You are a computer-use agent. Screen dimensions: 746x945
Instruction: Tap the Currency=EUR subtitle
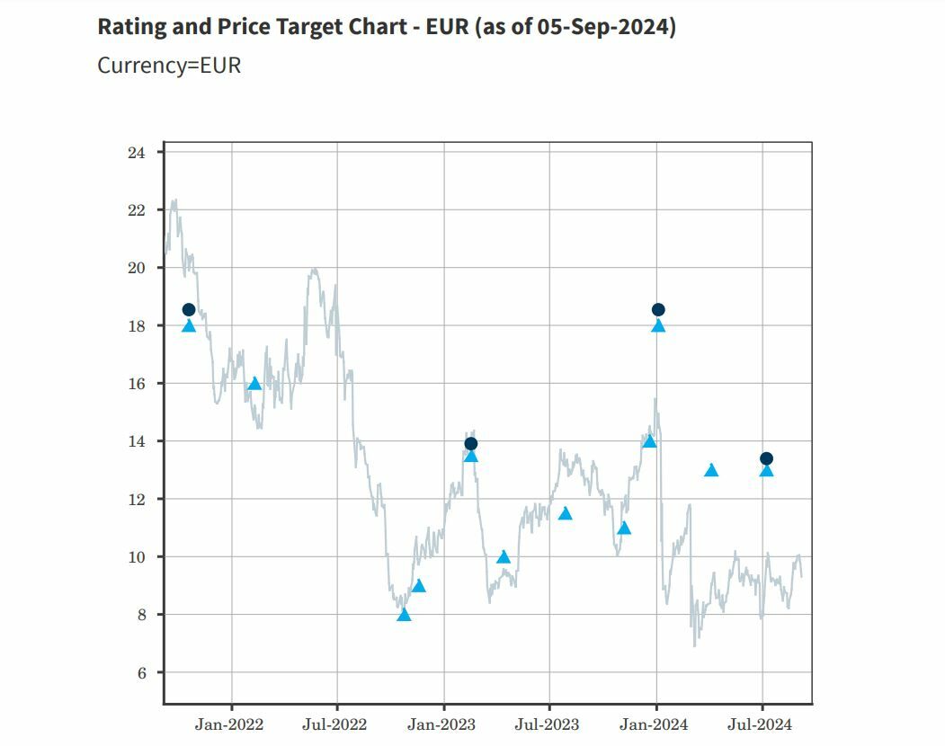[x=169, y=66]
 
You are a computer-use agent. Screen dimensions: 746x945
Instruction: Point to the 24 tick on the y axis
[x=137, y=153]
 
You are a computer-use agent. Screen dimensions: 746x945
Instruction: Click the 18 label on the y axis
[x=137, y=326]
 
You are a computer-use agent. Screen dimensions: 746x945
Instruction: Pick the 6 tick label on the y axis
[x=140, y=673]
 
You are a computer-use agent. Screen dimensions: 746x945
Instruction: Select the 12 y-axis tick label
[x=137, y=500]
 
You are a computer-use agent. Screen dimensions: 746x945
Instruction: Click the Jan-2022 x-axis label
[x=229, y=724]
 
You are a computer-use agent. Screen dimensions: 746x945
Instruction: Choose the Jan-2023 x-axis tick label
[x=442, y=724]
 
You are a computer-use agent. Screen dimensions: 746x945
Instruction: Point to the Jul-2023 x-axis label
[x=548, y=724]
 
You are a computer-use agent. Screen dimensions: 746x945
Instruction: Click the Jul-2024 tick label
[x=762, y=724]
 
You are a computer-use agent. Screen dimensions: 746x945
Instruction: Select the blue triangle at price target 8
[x=404, y=615]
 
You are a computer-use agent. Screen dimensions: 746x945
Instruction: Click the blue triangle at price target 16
[x=254, y=384]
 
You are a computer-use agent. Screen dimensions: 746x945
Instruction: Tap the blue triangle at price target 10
[x=504, y=557]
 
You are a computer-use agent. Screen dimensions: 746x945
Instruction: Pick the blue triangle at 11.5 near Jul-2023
[x=566, y=514]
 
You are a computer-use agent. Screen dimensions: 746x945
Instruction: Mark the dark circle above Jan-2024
[x=658, y=310]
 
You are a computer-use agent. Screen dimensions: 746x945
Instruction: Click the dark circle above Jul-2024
[x=766, y=458]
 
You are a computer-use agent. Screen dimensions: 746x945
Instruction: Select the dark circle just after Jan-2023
[x=470, y=443]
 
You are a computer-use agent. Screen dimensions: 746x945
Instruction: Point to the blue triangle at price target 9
[x=419, y=586]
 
